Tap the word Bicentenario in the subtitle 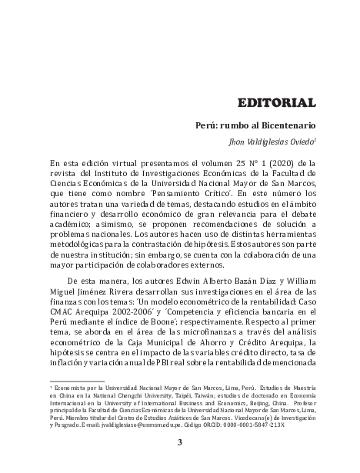tap(286, 123)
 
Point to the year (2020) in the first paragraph tap(282, 164)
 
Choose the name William tap(298, 281)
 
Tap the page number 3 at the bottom tap(180, 442)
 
